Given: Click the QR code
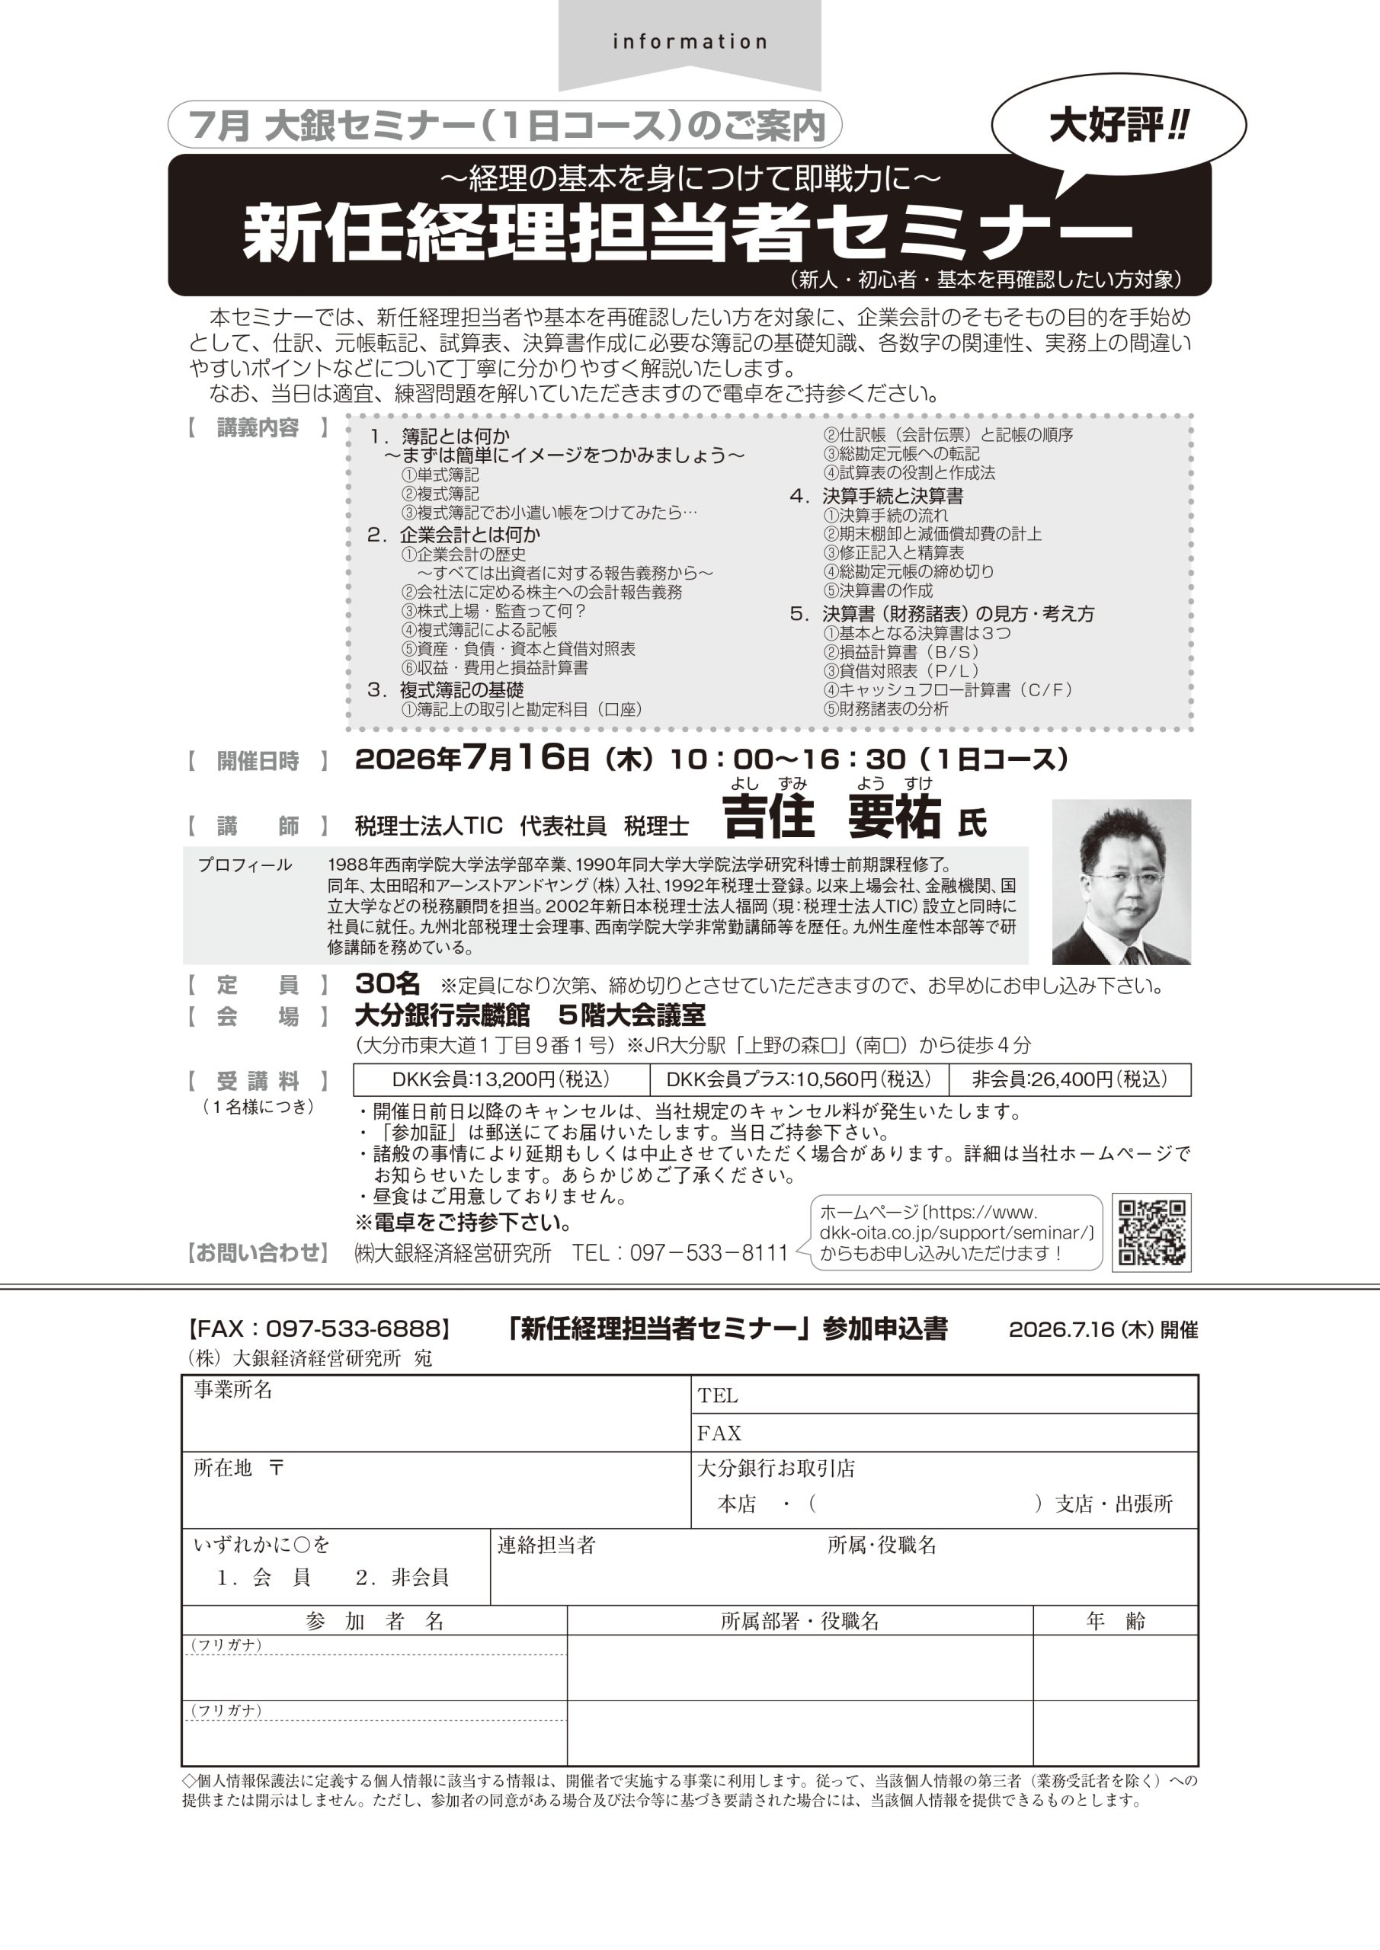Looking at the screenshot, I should pos(1151,1232).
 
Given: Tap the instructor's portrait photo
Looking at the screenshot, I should pos(1121,881).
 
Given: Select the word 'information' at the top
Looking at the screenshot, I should pos(689,42).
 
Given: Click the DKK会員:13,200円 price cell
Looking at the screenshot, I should pos(501,1079).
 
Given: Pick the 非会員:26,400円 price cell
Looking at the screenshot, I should pos(1069,1079).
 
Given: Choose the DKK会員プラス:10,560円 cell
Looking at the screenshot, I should pos(798,1079).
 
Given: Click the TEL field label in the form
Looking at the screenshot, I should pos(718,1395).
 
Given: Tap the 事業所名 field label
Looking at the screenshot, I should pos(233,1390).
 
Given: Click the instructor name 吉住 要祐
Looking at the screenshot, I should pos(831,818).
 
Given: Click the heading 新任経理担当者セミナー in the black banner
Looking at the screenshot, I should pos(687,232).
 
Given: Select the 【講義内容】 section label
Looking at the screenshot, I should pos(258,427).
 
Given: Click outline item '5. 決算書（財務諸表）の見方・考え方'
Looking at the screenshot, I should pos(943,613).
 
